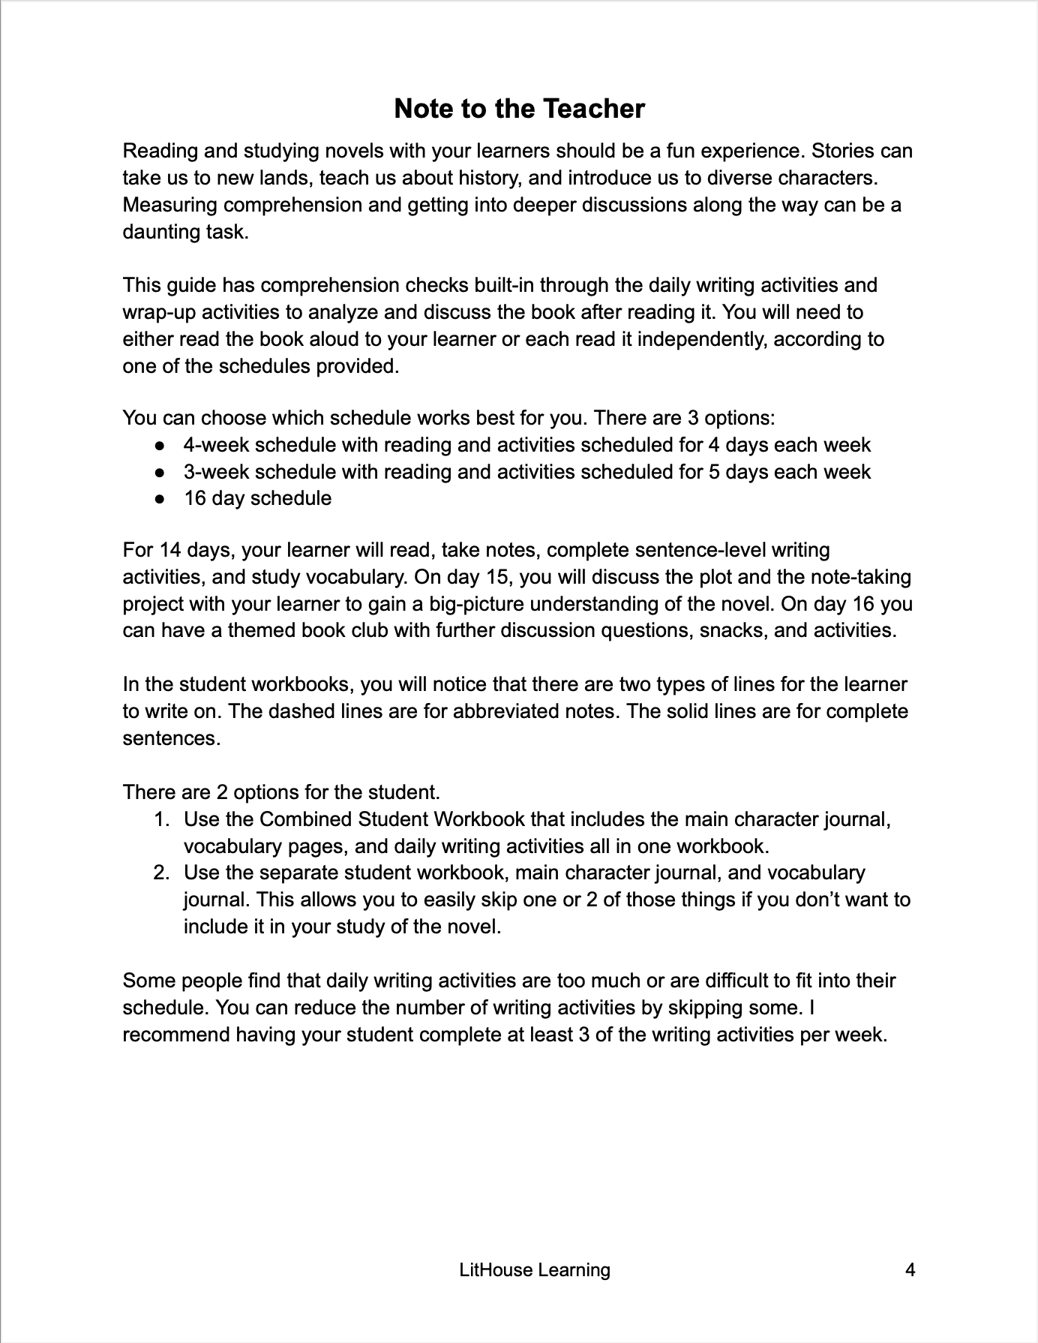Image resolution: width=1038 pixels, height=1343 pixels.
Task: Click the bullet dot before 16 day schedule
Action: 160,499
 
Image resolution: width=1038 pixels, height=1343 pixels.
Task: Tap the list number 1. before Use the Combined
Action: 162,819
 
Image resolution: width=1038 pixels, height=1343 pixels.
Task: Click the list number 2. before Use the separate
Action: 162,873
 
